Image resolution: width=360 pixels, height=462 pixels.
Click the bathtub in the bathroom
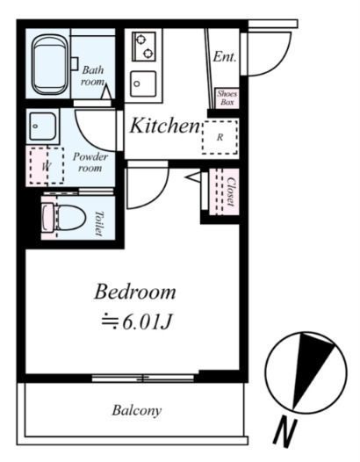click(50, 64)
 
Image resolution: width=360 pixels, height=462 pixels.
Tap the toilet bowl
click(71, 218)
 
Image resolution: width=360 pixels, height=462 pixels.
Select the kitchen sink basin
click(143, 83)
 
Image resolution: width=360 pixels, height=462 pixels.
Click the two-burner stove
click(144, 47)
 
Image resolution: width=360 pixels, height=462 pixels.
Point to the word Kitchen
click(165, 126)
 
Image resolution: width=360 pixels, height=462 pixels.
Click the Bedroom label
click(135, 292)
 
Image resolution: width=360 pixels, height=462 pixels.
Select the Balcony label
click(137, 410)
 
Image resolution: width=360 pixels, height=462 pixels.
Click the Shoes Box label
click(227, 98)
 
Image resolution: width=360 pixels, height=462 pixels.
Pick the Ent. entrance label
click(225, 56)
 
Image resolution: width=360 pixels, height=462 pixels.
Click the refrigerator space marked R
click(220, 137)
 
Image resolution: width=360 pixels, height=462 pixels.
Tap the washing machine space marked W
click(47, 166)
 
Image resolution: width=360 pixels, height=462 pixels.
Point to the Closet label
click(231, 191)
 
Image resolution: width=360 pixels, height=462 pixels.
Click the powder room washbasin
click(43, 126)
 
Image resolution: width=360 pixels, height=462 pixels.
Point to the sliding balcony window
click(142, 378)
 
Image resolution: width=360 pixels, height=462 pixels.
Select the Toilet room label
click(99, 223)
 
